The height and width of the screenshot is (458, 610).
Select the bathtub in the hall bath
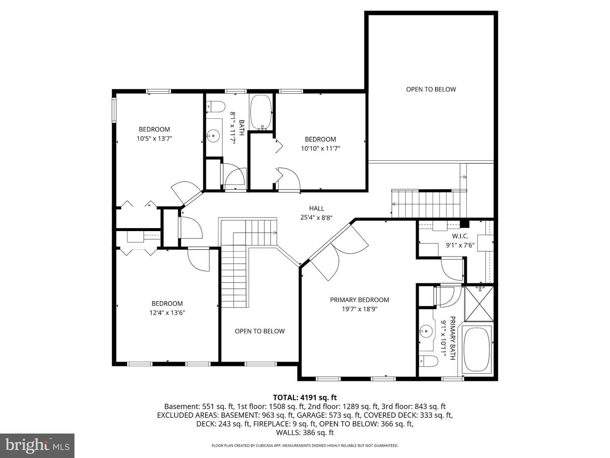coord(261,112)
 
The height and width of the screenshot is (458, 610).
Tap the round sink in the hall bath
coord(213,136)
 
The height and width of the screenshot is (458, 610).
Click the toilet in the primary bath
coord(428,361)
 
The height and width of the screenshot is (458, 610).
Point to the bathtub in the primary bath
coord(477,349)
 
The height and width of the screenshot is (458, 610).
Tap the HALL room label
coord(316,208)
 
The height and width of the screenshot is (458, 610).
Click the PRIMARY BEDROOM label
coord(359,300)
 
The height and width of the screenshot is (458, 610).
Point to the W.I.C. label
coord(460,236)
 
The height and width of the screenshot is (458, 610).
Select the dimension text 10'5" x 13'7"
coord(154,139)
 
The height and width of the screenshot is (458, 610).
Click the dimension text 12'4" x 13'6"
coord(167,313)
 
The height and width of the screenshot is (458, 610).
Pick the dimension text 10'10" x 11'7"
coord(320,148)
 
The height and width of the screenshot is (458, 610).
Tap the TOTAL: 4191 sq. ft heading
coord(305,397)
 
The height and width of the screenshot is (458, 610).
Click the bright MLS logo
coord(37,446)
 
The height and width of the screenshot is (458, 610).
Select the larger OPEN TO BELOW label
coord(431,89)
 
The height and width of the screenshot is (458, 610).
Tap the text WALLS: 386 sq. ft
coord(305,433)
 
